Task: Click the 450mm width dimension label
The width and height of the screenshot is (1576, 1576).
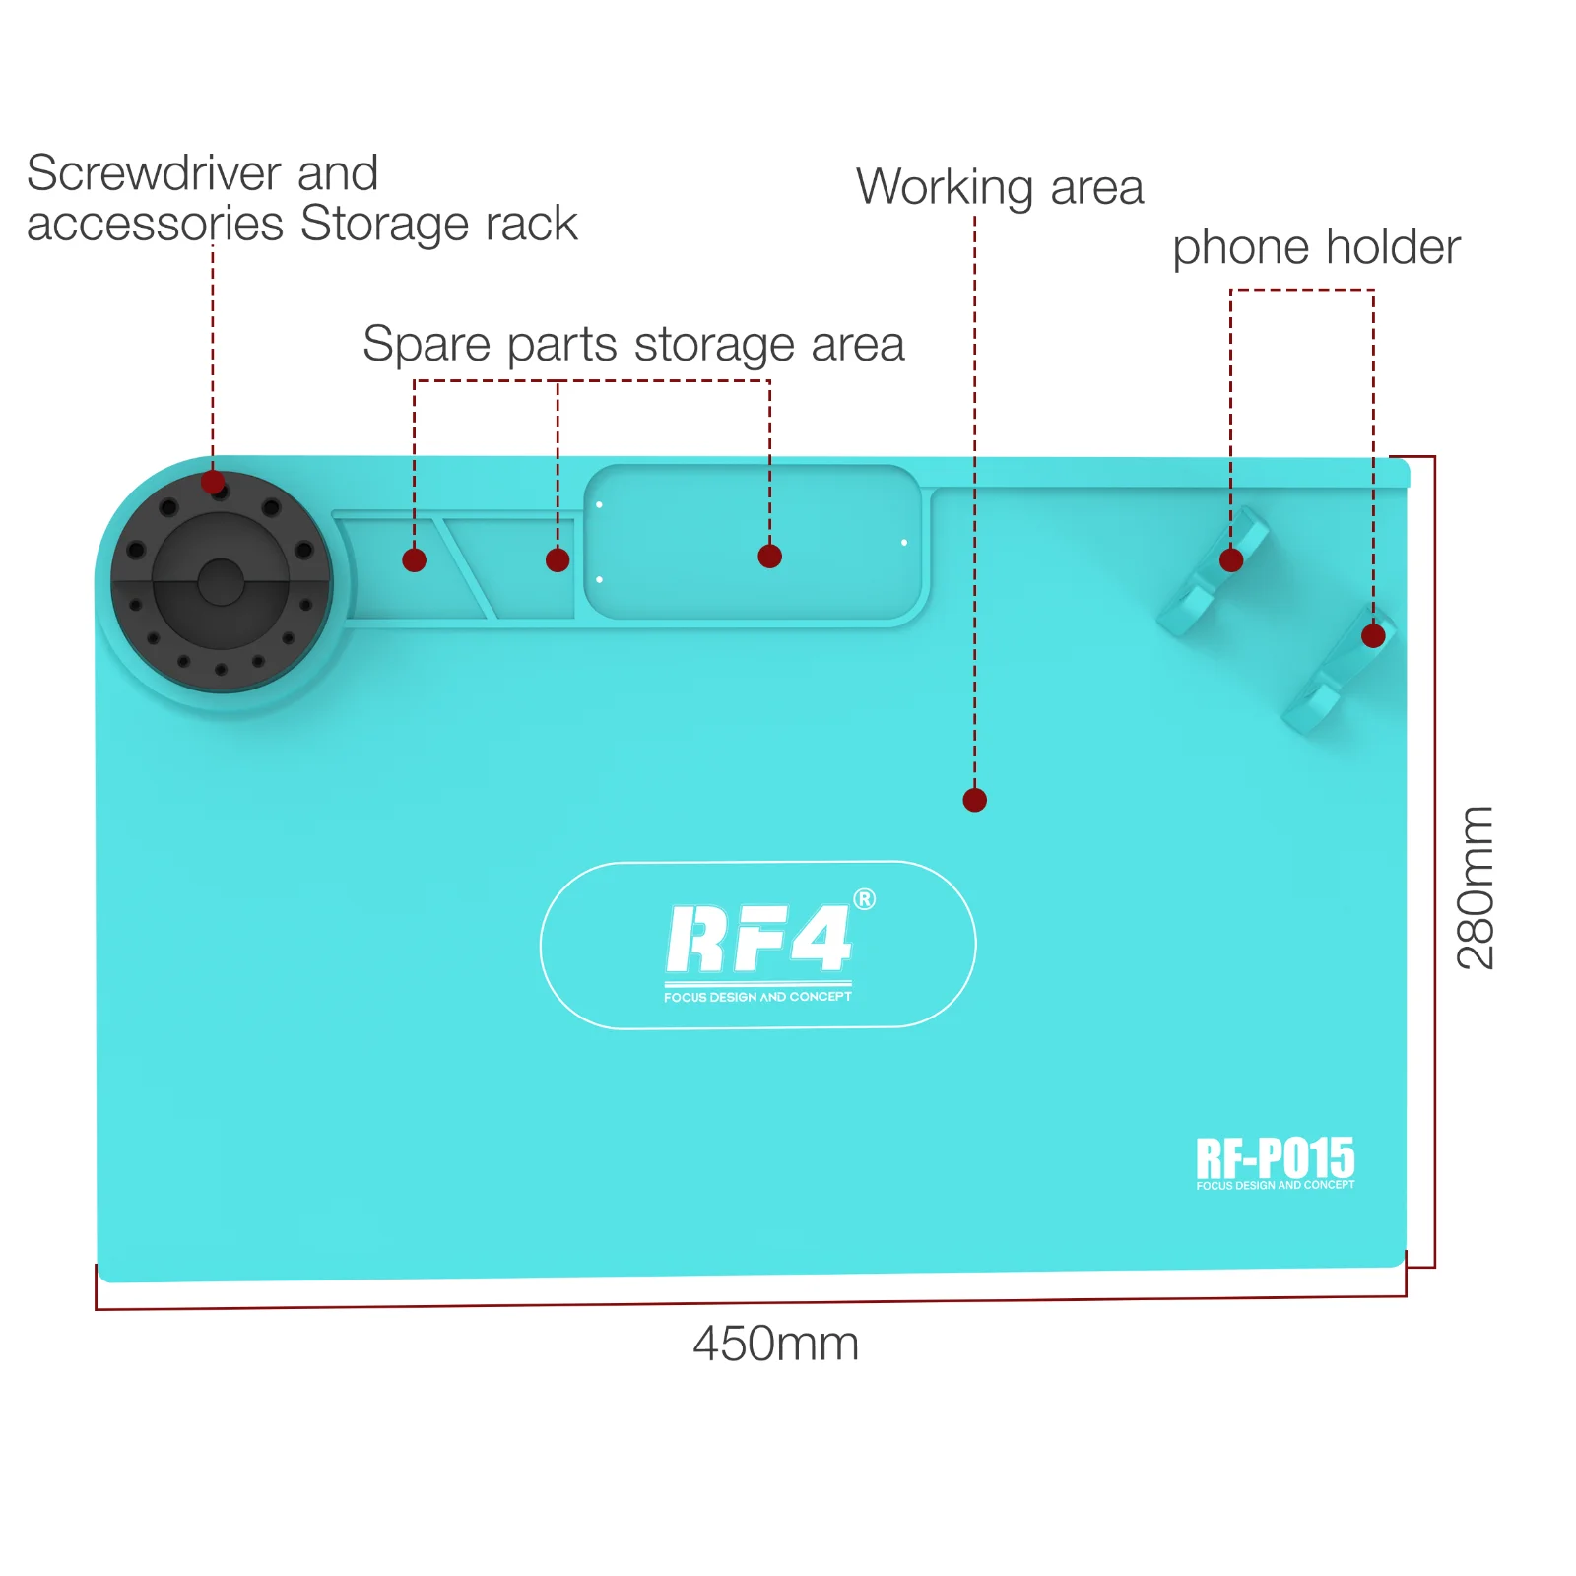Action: (x=775, y=1344)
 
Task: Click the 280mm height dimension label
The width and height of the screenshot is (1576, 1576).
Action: (x=1476, y=887)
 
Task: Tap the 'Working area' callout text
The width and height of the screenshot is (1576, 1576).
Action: (x=999, y=186)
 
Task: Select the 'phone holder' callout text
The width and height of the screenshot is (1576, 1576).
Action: (x=1316, y=246)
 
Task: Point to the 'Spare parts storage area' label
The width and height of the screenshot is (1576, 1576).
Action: (x=633, y=344)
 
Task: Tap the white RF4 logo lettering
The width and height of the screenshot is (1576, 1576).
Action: (x=757, y=939)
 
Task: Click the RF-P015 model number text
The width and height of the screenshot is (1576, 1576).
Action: (x=1275, y=1157)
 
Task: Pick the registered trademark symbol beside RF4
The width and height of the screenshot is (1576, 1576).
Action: (x=864, y=899)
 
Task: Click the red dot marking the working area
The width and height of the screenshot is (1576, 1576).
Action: (x=974, y=800)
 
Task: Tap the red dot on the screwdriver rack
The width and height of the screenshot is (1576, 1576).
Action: (x=213, y=483)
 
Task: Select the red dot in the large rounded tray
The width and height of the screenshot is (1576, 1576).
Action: (x=769, y=557)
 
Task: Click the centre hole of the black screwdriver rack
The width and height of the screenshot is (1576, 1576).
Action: (x=221, y=582)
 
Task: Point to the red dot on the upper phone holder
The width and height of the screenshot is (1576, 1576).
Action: (x=1231, y=560)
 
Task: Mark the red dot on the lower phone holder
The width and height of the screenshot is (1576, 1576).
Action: (x=1373, y=636)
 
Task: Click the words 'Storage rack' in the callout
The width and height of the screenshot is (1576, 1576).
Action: (x=438, y=224)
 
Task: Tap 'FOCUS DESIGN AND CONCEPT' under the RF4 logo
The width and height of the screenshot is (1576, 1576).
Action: (x=757, y=997)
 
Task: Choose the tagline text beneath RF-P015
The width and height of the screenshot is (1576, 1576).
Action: (x=1275, y=1185)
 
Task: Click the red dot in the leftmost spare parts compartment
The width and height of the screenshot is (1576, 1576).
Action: (x=415, y=560)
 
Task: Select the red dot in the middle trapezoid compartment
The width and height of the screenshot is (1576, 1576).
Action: (x=558, y=560)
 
